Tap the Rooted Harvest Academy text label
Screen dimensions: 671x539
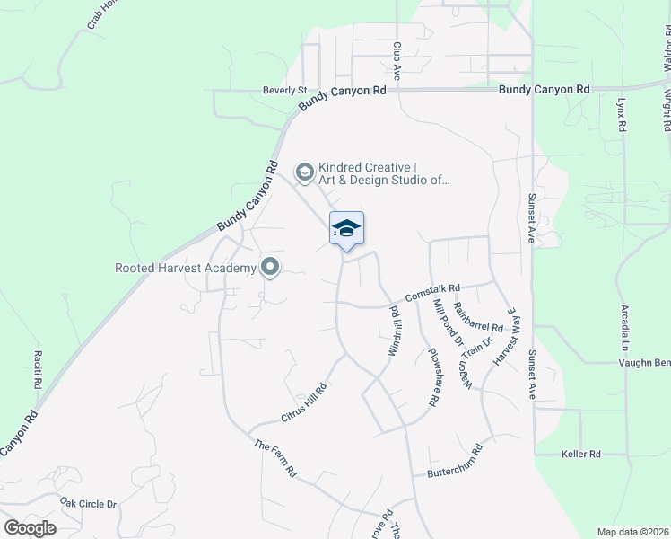point(185,267)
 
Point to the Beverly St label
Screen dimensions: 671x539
point(284,91)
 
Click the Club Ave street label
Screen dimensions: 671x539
point(396,60)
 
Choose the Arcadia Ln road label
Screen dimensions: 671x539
point(625,328)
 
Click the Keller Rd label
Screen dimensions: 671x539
point(580,455)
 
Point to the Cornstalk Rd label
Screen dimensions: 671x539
point(431,294)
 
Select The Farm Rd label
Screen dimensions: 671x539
point(275,458)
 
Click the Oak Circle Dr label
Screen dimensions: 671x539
point(89,503)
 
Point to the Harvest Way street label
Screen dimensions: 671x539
point(505,335)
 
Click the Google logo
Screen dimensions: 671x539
point(30,528)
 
